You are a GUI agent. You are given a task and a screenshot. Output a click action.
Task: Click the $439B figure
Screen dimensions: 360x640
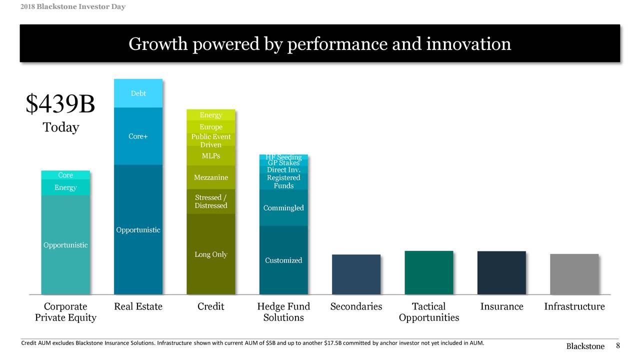pyautogui.click(x=60, y=104)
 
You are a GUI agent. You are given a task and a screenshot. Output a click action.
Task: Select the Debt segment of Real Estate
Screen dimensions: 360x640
pyautogui.click(x=138, y=93)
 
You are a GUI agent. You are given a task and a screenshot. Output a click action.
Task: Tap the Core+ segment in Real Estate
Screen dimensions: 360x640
pyautogui.click(x=138, y=136)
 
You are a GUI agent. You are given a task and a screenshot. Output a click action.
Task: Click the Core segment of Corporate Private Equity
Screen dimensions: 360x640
pyautogui.click(x=65, y=175)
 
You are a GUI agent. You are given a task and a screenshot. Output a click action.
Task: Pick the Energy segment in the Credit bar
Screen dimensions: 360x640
pyautogui.click(x=210, y=115)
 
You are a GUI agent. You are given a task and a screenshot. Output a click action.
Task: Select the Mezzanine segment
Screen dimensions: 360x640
pyautogui.click(x=210, y=177)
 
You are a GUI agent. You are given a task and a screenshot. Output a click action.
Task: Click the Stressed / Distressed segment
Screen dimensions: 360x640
pyautogui.click(x=210, y=201)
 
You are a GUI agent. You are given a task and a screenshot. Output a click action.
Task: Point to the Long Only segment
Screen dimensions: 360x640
pyautogui.click(x=210, y=254)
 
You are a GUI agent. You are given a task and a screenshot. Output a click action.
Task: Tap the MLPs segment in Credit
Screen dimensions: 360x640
pyautogui.click(x=210, y=155)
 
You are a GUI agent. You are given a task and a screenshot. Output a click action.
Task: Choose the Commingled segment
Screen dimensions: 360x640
pyautogui.click(x=283, y=208)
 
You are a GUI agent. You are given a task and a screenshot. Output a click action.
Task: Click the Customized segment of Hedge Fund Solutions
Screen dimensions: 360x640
pyautogui.click(x=283, y=260)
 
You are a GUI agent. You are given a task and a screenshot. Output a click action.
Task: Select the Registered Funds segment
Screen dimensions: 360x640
pyautogui.click(x=283, y=181)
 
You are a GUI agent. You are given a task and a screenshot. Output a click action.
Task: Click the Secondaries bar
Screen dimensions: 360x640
pyautogui.click(x=356, y=274)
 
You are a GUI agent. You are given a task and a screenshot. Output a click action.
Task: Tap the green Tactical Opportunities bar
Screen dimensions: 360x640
pyautogui.click(x=428, y=272)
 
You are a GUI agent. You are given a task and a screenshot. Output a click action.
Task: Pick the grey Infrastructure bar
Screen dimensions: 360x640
pyautogui.click(x=574, y=274)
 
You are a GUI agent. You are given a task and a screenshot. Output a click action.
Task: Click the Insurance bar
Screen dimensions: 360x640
pyautogui.click(x=501, y=273)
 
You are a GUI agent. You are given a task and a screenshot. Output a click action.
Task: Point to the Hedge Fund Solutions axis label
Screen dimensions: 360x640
pyautogui.click(x=283, y=312)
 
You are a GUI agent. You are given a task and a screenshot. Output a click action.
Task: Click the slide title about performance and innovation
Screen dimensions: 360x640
pyautogui.click(x=319, y=44)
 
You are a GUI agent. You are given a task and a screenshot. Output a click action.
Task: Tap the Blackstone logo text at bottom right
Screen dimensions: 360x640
pyautogui.click(x=585, y=346)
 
